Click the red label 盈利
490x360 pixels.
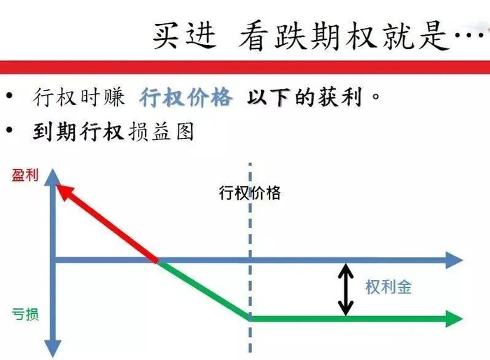pos(24,175)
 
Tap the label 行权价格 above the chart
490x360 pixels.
pos(250,193)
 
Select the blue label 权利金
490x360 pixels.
pos(388,287)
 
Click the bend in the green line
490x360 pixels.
pos(250,318)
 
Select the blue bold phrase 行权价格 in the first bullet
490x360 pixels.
pos(185,97)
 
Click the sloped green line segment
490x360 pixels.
pos(203,290)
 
